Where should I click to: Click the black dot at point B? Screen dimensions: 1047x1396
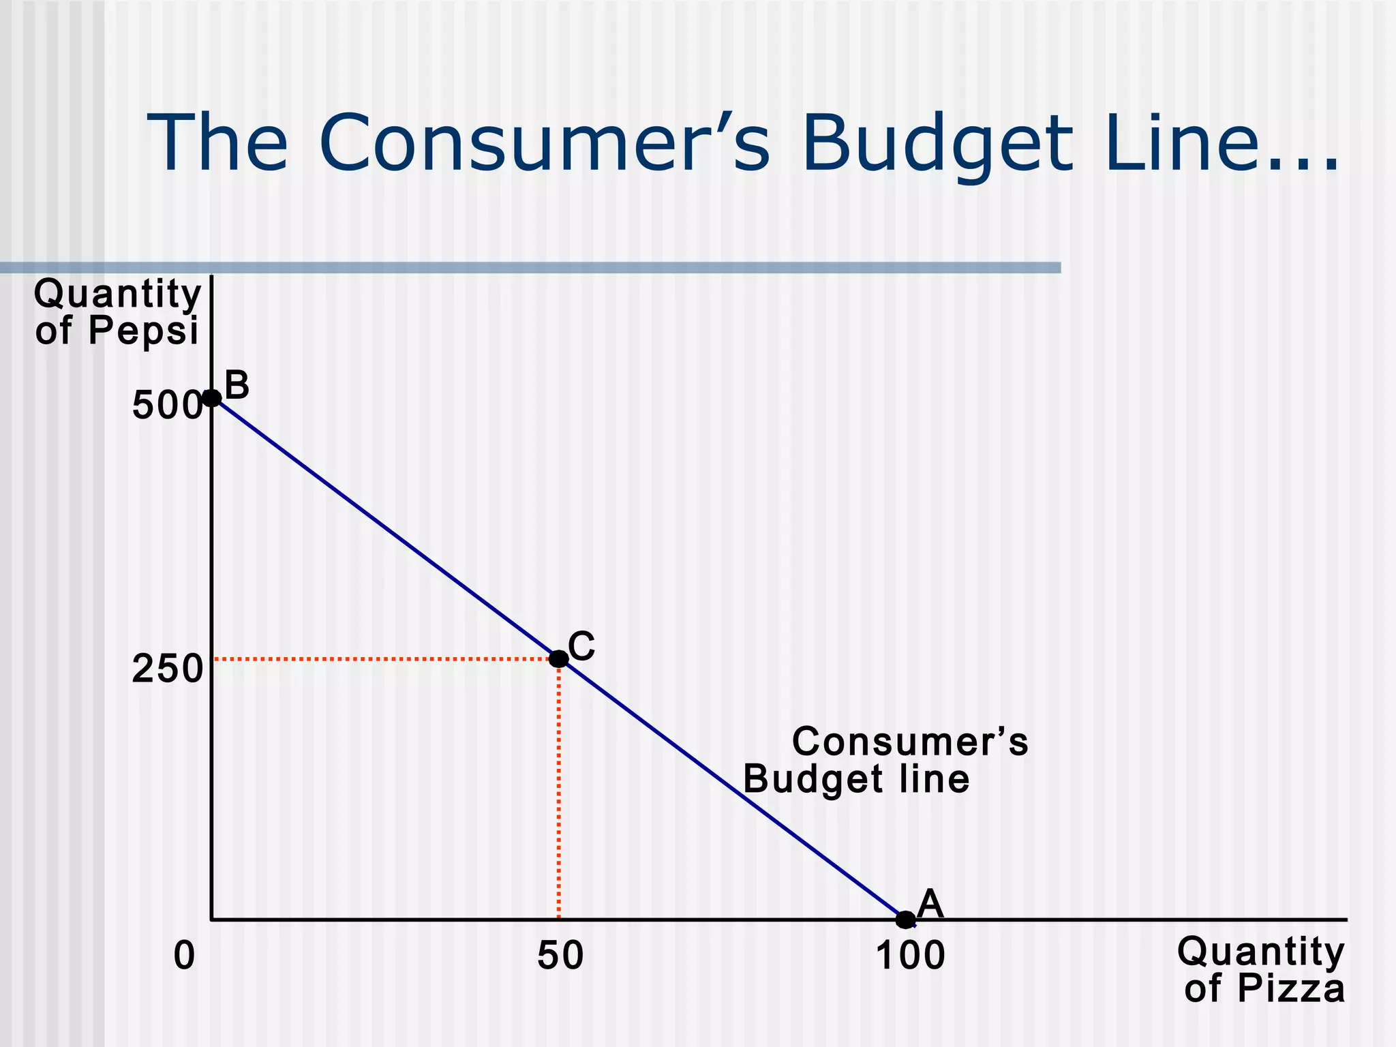pyautogui.click(x=212, y=398)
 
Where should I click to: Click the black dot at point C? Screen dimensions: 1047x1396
pyautogui.click(x=558, y=659)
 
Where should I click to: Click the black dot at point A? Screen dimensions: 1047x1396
pyautogui.click(x=905, y=920)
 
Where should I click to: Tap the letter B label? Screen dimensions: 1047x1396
pyautogui.click(x=237, y=386)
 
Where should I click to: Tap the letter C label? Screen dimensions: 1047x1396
pyautogui.click(x=581, y=646)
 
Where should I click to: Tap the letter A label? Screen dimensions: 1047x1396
pyautogui.click(x=930, y=905)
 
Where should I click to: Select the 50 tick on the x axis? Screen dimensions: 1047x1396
pyautogui.click(x=560, y=956)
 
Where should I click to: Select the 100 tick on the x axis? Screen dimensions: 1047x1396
pyautogui.click(x=911, y=956)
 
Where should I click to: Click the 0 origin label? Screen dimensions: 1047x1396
pyautogui.click(x=184, y=956)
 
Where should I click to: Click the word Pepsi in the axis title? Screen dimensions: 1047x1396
pyautogui.click(x=143, y=331)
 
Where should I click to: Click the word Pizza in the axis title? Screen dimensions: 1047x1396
pyautogui.click(x=1291, y=988)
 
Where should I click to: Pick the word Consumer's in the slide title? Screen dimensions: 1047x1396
pyautogui.click(x=544, y=145)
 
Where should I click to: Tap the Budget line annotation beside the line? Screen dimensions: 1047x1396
pyautogui.click(x=856, y=779)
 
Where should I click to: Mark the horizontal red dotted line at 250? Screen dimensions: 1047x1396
pyautogui.click(x=382, y=659)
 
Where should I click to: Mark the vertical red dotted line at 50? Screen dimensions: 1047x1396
pyautogui.click(x=558, y=791)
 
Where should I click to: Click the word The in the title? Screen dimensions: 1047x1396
pyautogui.click(x=218, y=145)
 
